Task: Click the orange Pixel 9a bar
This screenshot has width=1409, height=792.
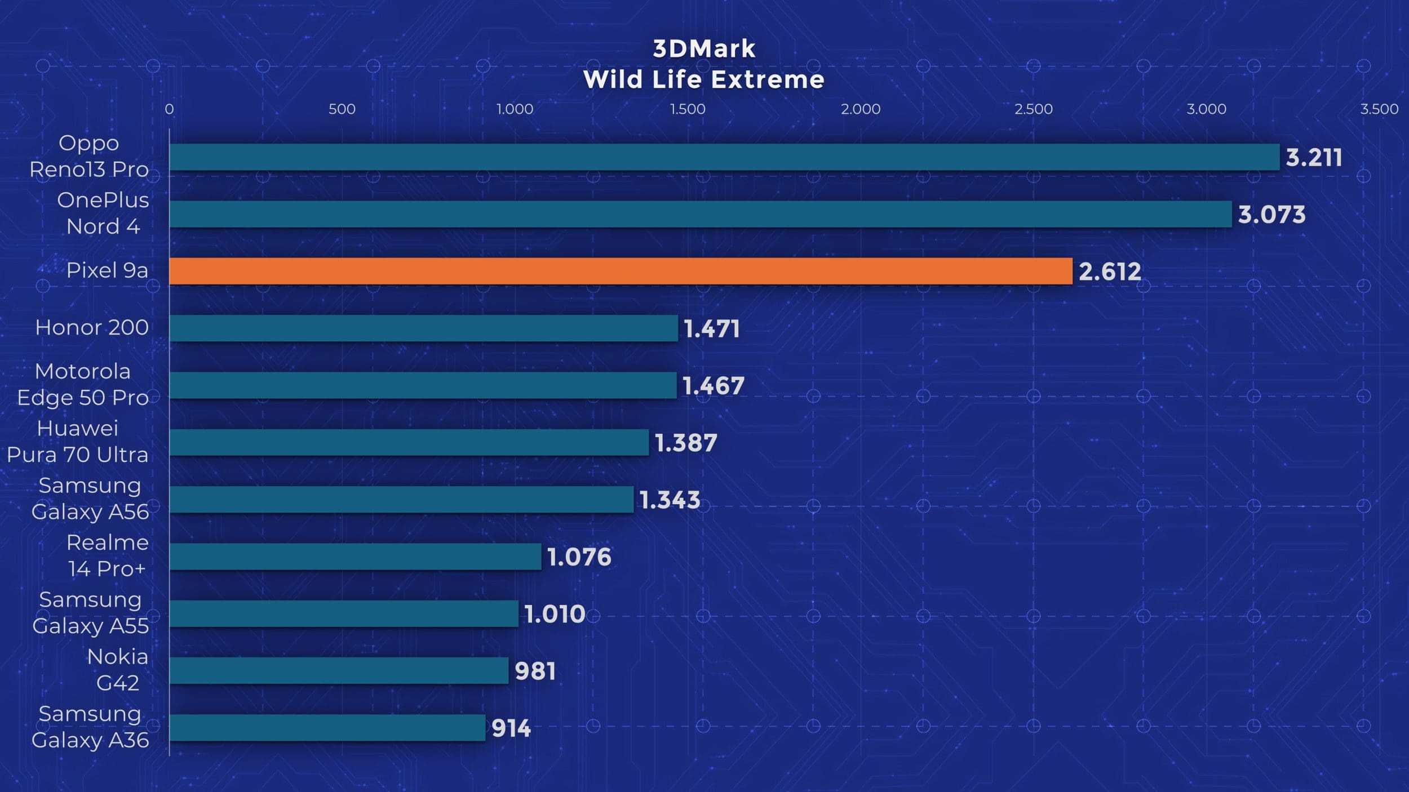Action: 621,272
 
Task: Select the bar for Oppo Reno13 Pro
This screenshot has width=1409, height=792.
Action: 724,157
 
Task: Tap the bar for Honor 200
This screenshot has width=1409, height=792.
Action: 423,328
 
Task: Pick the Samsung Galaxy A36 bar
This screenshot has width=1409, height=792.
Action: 327,728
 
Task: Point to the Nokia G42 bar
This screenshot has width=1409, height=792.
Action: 339,670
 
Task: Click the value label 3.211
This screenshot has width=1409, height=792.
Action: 1314,158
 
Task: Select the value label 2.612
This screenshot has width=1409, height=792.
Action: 1110,272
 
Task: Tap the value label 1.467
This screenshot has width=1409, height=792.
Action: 714,386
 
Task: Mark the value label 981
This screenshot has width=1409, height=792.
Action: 535,671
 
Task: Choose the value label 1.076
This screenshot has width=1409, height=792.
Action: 579,557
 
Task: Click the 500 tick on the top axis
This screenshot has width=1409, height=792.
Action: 342,109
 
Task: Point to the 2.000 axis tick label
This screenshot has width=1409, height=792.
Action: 861,109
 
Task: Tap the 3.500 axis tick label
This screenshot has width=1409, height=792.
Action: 1379,109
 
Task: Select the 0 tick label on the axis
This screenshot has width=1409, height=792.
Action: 169,109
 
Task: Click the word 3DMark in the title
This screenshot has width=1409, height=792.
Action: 704,49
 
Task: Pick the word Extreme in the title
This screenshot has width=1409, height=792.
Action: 769,79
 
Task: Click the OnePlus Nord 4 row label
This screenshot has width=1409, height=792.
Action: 103,213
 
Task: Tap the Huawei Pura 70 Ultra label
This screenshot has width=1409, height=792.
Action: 78,442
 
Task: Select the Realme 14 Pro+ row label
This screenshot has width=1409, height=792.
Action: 108,556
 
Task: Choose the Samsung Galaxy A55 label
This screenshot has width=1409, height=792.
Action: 90,613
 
